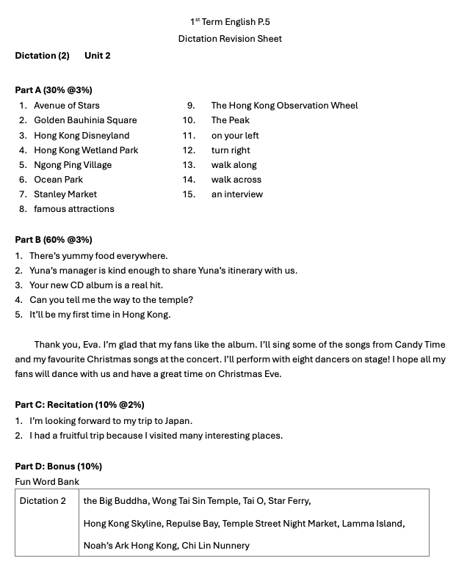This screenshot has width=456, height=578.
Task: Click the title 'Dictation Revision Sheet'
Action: pos(230,39)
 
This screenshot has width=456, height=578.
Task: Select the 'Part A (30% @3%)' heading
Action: pos(54,90)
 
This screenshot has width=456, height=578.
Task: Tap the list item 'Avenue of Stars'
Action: pos(67,106)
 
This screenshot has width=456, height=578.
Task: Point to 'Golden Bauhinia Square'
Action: pos(85,120)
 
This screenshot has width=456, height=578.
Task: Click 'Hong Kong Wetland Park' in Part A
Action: pos(86,150)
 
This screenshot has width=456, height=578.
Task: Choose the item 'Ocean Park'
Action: pos(58,180)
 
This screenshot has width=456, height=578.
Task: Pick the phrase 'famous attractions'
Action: pos(74,209)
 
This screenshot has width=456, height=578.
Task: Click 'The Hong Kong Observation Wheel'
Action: pos(284,106)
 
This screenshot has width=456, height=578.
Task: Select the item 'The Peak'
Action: pos(231,120)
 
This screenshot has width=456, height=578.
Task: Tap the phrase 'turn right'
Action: pos(231,150)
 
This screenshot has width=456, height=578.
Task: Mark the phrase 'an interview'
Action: pos(236,194)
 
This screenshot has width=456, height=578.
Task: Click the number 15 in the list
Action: pos(189,194)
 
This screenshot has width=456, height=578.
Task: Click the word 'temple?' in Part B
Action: pos(175,300)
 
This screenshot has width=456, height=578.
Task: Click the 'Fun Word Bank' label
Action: pos(47,482)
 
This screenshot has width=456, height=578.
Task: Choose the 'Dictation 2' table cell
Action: pos(43,501)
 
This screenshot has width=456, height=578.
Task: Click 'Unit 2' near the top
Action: pos(98,56)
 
